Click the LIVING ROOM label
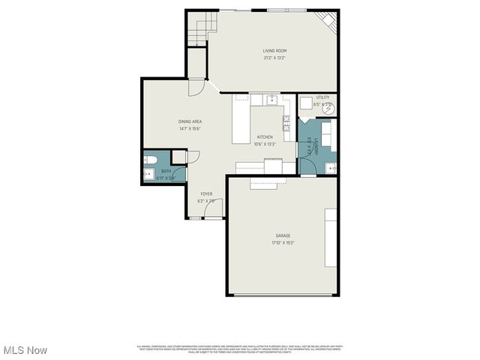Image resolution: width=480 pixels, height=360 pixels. pos(274,51)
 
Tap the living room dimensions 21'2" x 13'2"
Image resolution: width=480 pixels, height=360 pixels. pos(274,58)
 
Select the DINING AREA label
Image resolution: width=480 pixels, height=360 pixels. pos(190,121)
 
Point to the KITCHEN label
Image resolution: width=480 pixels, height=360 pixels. pos(265,137)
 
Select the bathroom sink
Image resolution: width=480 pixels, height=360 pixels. pos(147,175)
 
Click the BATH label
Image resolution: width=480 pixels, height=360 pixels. pos(166,171)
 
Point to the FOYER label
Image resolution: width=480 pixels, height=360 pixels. pos(205,194)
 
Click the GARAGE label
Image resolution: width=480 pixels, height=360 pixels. pos(283,235)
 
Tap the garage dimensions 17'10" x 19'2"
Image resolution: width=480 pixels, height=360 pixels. pos(283,243)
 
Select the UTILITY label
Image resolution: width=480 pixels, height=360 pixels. pos(322,97)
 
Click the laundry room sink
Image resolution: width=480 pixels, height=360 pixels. pos(330,166)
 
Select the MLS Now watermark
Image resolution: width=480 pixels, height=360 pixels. pos(25,350)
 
